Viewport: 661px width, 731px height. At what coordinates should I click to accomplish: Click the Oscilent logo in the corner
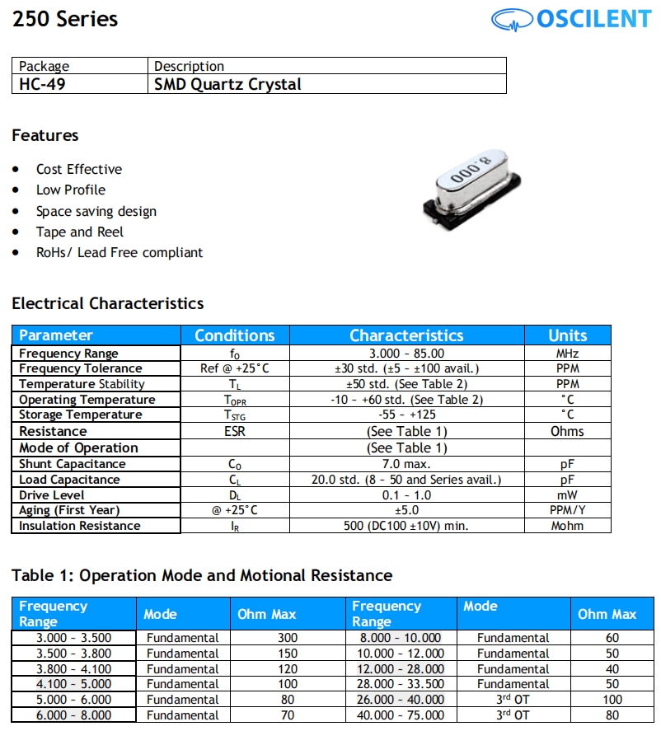570,19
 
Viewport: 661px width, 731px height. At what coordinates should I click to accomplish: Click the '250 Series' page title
65,19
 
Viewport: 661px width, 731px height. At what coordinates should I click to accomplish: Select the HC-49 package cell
42,84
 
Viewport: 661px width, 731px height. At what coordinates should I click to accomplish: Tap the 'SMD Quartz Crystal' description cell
227,84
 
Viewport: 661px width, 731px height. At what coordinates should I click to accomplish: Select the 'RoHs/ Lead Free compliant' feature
119,252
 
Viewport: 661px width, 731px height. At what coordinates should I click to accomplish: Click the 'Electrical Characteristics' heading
107,303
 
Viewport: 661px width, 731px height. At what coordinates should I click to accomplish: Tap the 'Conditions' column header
234,335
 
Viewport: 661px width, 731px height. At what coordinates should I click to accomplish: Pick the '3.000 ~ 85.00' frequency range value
406,354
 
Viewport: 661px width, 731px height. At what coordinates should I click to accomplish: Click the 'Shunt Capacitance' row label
73,464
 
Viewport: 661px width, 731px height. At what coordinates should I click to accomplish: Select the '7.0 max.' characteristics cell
406,464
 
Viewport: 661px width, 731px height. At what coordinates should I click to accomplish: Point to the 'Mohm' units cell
567,526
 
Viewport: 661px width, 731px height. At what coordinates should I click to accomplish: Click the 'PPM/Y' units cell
567,510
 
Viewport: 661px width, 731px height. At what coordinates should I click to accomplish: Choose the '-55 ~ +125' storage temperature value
406,415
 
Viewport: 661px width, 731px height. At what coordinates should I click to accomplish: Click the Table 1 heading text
202,575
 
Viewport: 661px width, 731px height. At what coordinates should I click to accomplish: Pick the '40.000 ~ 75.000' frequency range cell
401,715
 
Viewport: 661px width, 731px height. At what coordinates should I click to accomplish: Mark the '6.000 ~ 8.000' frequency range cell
73,715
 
